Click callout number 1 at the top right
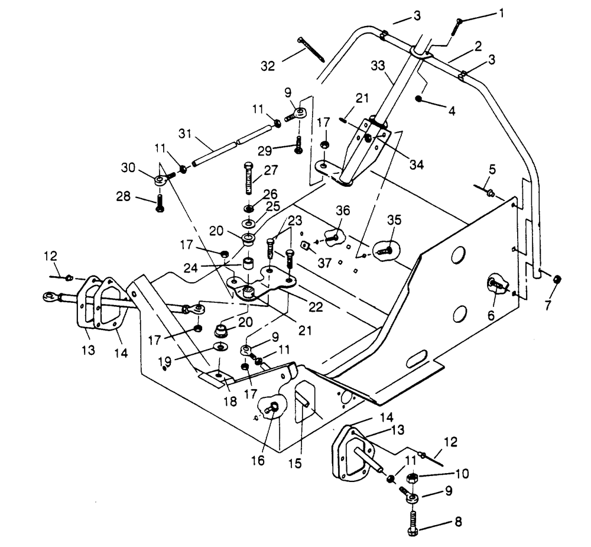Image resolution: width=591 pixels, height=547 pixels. pyautogui.click(x=501, y=14)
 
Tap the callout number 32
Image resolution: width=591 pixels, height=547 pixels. pyautogui.click(x=268, y=66)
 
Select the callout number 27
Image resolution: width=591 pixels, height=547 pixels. pyautogui.click(x=271, y=170)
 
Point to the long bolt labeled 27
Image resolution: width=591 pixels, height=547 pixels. pyautogui.click(x=249, y=178)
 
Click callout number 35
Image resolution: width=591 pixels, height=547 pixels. pyautogui.click(x=394, y=220)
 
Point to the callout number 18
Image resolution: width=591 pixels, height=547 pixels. pyautogui.click(x=230, y=401)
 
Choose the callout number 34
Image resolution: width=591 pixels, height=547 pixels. pyautogui.click(x=417, y=164)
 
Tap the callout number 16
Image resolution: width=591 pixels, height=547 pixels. pyautogui.click(x=258, y=461)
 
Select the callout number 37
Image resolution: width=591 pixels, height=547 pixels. pyautogui.click(x=324, y=263)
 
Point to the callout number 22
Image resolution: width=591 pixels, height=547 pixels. pyautogui.click(x=316, y=307)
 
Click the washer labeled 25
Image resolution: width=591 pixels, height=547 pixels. pyautogui.click(x=248, y=223)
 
